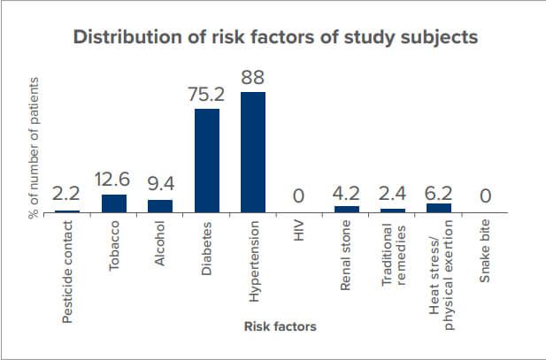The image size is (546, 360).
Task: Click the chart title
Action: [275, 37]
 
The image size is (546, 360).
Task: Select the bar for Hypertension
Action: [253, 152]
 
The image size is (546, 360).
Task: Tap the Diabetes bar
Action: [207, 160]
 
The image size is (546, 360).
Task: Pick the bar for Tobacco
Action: [114, 203]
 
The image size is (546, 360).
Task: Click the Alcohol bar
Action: [160, 206]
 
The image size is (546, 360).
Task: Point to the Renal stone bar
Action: [347, 210]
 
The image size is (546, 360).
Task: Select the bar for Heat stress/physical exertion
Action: [439, 208]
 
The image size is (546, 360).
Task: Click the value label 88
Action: [253, 77]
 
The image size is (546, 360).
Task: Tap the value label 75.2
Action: [206, 95]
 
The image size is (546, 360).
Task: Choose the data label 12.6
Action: [112, 180]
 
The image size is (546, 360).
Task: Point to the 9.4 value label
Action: [161, 184]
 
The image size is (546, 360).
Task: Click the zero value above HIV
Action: [298, 195]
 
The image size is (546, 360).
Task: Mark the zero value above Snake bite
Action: [486, 195]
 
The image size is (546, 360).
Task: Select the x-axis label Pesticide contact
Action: [67, 272]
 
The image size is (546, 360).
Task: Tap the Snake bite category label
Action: [484, 251]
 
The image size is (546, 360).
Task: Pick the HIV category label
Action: [298, 231]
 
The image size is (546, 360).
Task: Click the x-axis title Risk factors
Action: [281, 326]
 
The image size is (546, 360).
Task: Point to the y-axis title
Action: [34, 148]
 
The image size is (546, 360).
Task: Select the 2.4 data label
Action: [392, 194]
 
